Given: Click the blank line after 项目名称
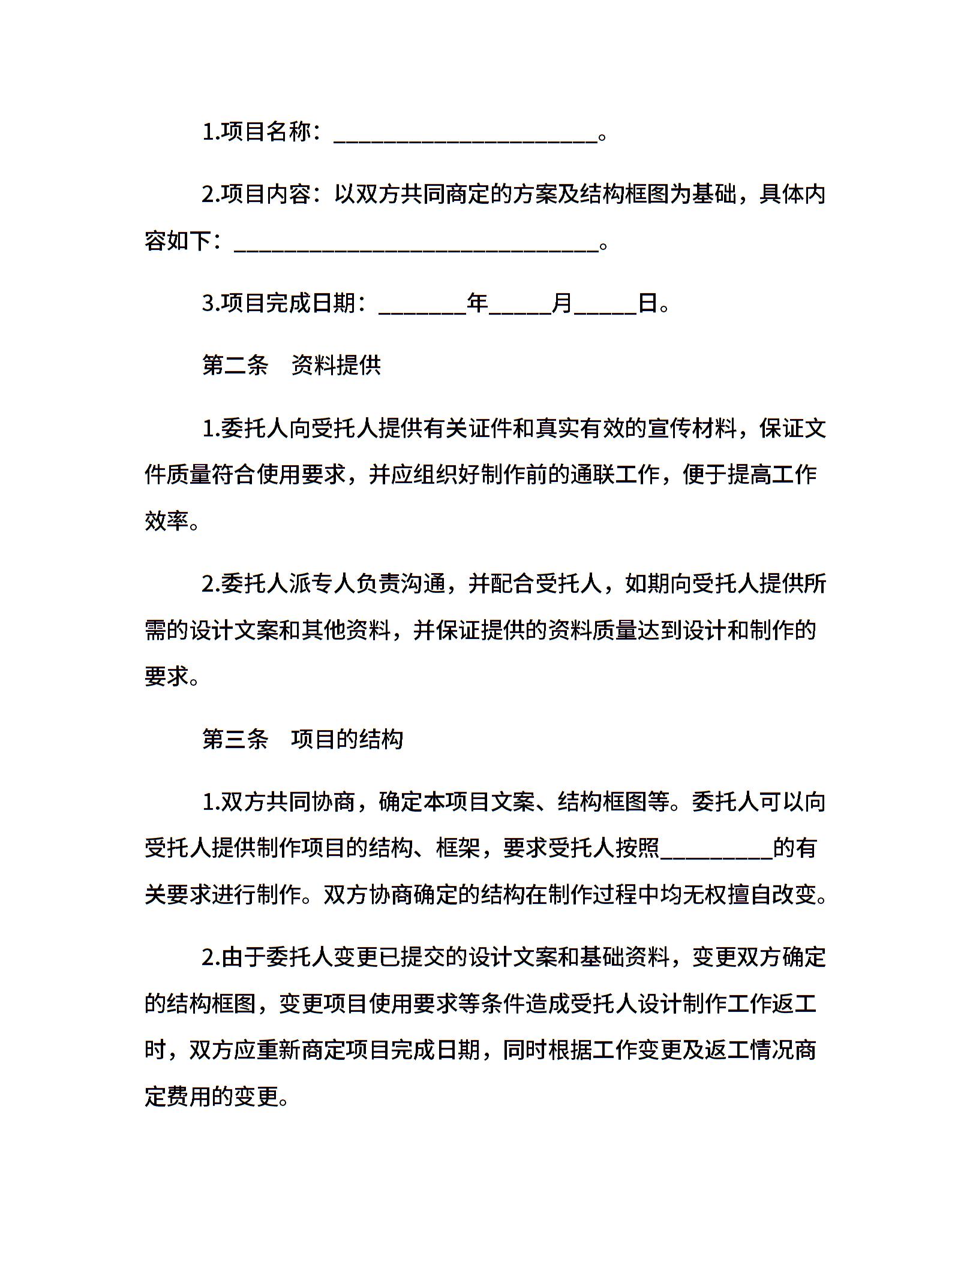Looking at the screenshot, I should [465, 138].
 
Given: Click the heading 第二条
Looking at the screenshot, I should [235, 365].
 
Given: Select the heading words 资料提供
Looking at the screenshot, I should [336, 365].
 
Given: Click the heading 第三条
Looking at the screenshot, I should [235, 739].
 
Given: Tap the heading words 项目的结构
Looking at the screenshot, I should [347, 739].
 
